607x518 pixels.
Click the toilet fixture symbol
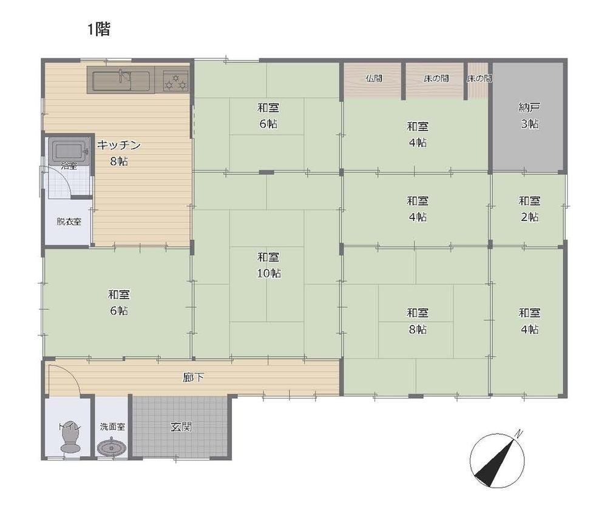pyautogui.click(x=70, y=436)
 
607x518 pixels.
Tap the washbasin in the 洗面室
pyautogui.click(x=112, y=448)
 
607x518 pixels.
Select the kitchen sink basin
pyautogui.click(x=121, y=80)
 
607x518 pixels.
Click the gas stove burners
pyautogui.click(x=176, y=80)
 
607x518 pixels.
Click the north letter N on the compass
pyautogui.click(x=519, y=434)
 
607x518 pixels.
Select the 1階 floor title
pyautogui.click(x=99, y=29)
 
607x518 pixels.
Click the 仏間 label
pyautogui.click(x=373, y=78)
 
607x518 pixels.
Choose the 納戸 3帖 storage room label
pyautogui.click(x=529, y=116)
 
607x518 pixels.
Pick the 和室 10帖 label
pyautogui.click(x=269, y=265)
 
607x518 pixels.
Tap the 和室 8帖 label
pyautogui.click(x=418, y=321)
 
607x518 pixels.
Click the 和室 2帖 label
pyautogui.click(x=529, y=209)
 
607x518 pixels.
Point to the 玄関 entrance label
pyautogui.click(x=181, y=427)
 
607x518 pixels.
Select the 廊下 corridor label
pyautogui.click(x=193, y=378)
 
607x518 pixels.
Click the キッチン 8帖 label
pyautogui.click(x=118, y=153)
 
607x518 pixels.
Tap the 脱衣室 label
pyautogui.click(x=69, y=222)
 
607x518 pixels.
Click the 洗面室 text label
pyautogui.click(x=112, y=427)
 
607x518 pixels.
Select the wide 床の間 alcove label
pyautogui.click(x=436, y=78)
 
